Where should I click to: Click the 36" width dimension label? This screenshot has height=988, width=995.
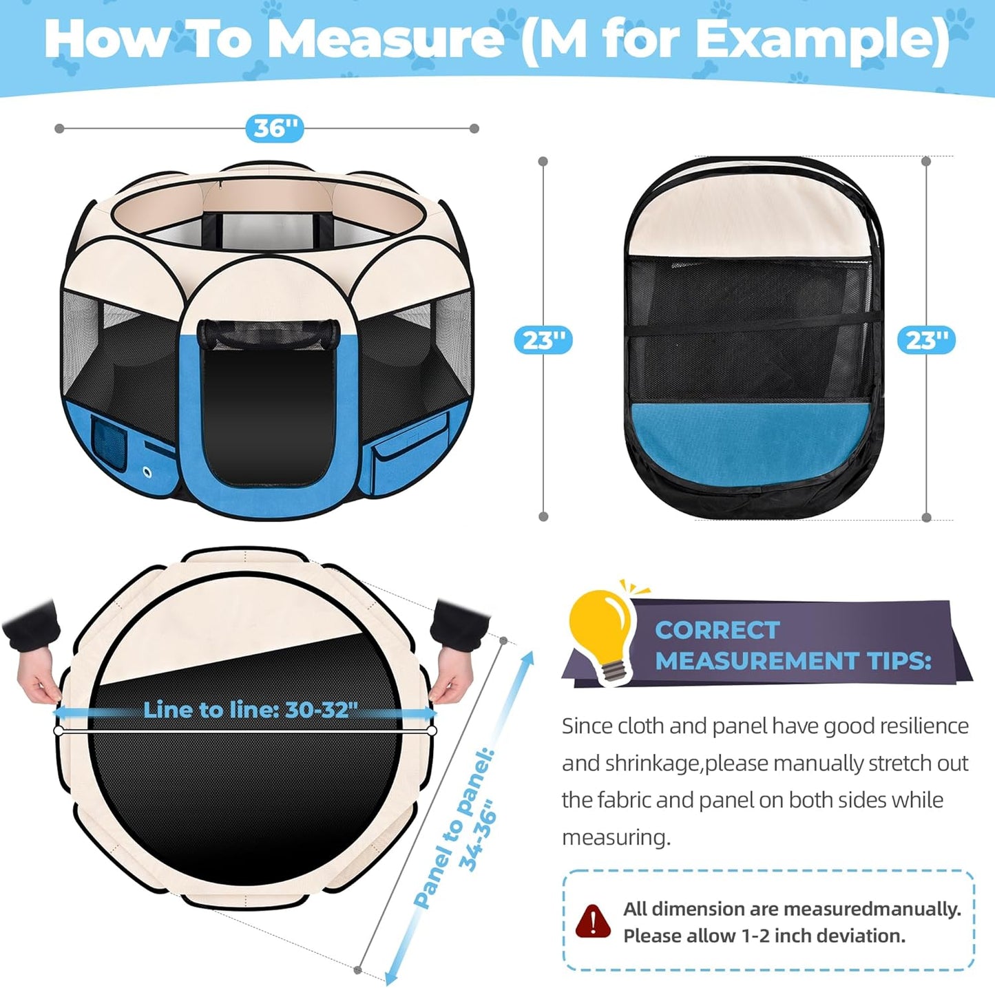click(x=274, y=129)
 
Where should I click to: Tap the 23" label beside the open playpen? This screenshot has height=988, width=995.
click(x=543, y=340)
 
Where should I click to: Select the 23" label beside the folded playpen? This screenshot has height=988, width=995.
click(x=926, y=340)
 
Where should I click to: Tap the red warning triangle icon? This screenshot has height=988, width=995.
click(x=592, y=921)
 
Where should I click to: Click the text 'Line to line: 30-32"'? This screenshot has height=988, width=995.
click(x=251, y=710)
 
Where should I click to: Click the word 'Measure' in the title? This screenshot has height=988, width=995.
click(x=385, y=39)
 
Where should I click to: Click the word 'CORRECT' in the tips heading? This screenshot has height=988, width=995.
click(x=717, y=630)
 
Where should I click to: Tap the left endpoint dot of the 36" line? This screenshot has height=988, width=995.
click(x=59, y=129)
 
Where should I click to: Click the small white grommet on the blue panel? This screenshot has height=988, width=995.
click(x=147, y=471)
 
